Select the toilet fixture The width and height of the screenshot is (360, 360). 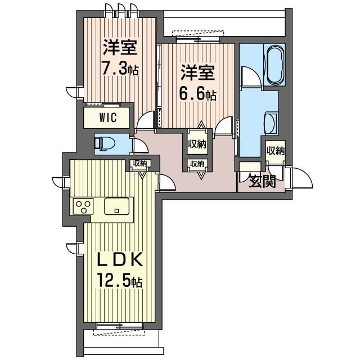point(103,143)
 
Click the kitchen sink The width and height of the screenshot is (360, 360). point(116,207)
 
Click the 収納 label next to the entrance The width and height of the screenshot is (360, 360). point(276,151)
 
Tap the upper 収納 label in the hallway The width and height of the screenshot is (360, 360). point(197,145)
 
